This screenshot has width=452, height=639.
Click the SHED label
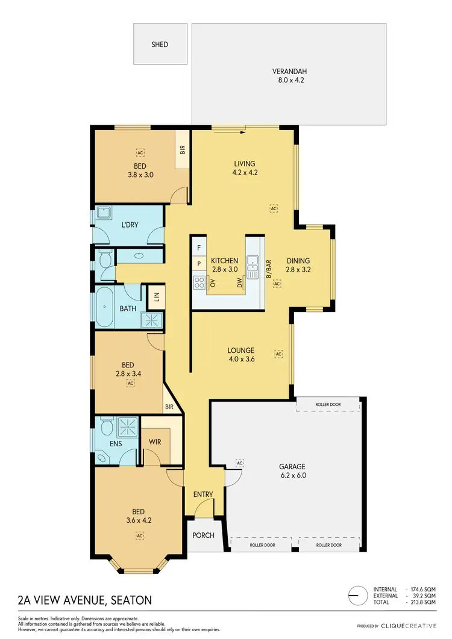pyautogui.click(x=160, y=45)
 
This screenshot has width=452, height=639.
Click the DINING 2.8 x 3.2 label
pyautogui.click(x=298, y=265)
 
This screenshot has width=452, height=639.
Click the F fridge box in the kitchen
pyautogui.click(x=198, y=247)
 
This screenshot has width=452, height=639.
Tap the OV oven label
pyautogui.click(x=213, y=282)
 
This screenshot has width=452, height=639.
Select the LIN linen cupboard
pyautogui.click(x=157, y=297)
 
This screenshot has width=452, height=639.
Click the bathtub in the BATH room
pyautogui.click(x=104, y=307)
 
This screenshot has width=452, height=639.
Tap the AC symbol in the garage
pyautogui.click(x=240, y=463)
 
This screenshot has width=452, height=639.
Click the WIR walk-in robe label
pyautogui.click(x=155, y=441)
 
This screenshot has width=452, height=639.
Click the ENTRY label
pyautogui.click(x=203, y=494)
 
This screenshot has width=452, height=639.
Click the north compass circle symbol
pyautogui.click(x=358, y=594)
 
